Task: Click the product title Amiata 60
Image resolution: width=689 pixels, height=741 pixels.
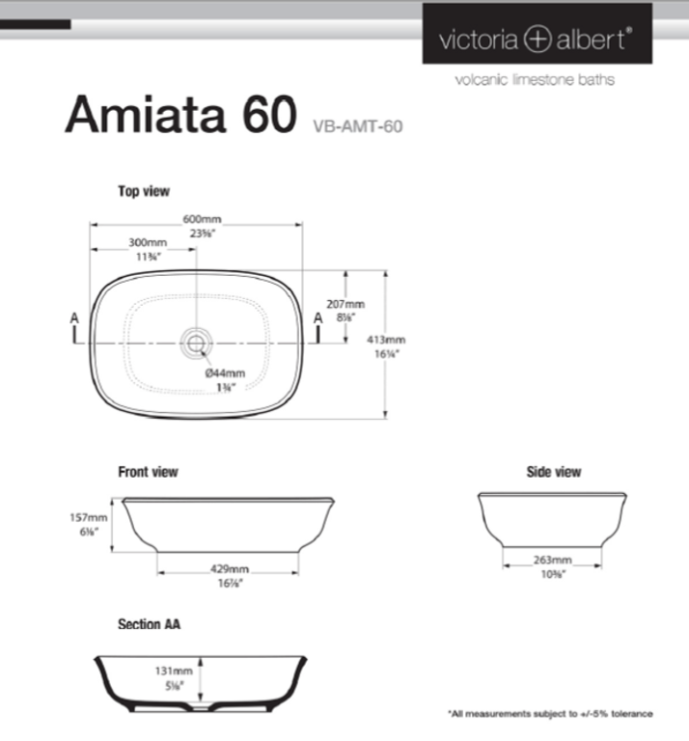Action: pyautogui.click(x=179, y=117)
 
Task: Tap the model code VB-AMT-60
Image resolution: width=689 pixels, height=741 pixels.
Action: pyautogui.click(x=357, y=125)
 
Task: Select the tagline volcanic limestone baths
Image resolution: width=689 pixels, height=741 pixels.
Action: pyautogui.click(x=534, y=79)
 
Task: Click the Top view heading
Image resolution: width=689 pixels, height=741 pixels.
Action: pyautogui.click(x=144, y=191)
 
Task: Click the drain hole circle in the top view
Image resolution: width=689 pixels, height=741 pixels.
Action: pyautogui.click(x=197, y=341)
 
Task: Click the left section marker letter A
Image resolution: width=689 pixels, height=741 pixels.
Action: pyautogui.click(x=74, y=317)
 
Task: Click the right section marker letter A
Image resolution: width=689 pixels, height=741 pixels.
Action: pyautogui.click(x=317, y=317)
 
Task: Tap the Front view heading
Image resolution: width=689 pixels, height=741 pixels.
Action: pyautogui.click(x=148, y=472)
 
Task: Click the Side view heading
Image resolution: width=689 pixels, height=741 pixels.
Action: pyautogui.click(x=554, y=472)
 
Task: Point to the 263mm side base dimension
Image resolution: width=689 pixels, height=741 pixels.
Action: pyautogui.click(x=553, y=560)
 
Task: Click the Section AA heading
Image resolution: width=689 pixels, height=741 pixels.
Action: pyautogui.click(x=149, y=624)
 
